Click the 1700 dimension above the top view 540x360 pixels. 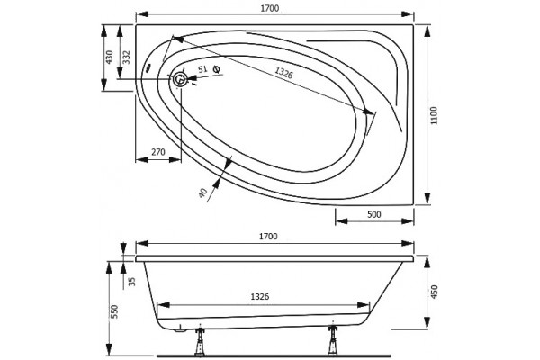(x=269, y=8)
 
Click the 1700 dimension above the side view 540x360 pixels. (x=268, y=237)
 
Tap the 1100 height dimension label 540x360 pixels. (x=435, y=115)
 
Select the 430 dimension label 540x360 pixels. (x=109, y=58)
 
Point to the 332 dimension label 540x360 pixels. (x=126, y=58)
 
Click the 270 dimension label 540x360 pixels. (x=158, y=151)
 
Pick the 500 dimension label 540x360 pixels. (x=374, y=214)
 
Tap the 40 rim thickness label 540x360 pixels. (x=203, y=193)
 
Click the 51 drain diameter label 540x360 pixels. (x=202, y=69)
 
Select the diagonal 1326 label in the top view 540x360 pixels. (x=283, y=73)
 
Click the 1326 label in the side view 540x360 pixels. (x=260, y=296)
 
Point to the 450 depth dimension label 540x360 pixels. (x=435, y=292)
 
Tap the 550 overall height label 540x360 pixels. (x=114, y=311)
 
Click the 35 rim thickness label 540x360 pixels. (x=132, y=282)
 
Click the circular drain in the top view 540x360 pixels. (x=180, y=79)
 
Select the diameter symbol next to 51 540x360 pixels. (x=217, y=69)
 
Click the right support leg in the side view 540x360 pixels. (x=333, y=340)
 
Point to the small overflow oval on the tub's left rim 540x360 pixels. (x=148, y=67)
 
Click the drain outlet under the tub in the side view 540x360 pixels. (x=179, y=330)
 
